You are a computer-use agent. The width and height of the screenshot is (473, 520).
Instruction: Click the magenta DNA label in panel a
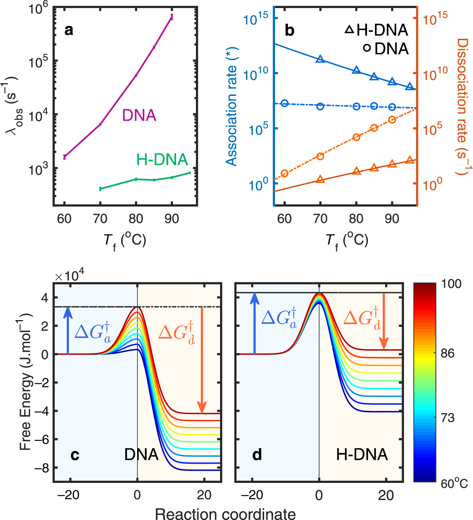[x=139, y=115]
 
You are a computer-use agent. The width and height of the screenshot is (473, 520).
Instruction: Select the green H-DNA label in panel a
[x=162, y=160]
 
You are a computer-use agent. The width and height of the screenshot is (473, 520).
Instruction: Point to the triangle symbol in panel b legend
[x=349, y=30]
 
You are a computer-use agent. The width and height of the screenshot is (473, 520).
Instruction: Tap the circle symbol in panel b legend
[x=367, y=48]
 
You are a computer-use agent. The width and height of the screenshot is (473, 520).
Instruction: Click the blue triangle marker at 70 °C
[x=320, y=59]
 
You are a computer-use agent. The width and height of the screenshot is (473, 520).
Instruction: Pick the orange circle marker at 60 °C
[x=284, y=173]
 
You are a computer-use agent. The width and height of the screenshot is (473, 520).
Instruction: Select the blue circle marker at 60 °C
[x=284, y=103]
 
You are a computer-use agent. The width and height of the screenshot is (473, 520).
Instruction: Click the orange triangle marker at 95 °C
[x=410, y=160]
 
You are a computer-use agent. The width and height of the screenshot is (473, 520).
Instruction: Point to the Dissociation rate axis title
[x=463, y=107]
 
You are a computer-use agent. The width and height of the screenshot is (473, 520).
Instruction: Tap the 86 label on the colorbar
[x=447, y=353]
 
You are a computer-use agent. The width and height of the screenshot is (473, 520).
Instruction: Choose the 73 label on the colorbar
[x=447, y=417]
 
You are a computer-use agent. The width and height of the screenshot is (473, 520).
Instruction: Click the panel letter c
[x=75, y=455]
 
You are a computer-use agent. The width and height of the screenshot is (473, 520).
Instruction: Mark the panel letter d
[x=257, y=455]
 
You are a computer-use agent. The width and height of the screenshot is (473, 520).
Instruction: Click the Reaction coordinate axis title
[x=225, y=514]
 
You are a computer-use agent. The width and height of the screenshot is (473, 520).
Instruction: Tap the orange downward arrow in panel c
[x=202, y=360]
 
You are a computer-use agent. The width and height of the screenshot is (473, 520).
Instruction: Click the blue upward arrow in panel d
[x=255, y=324]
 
